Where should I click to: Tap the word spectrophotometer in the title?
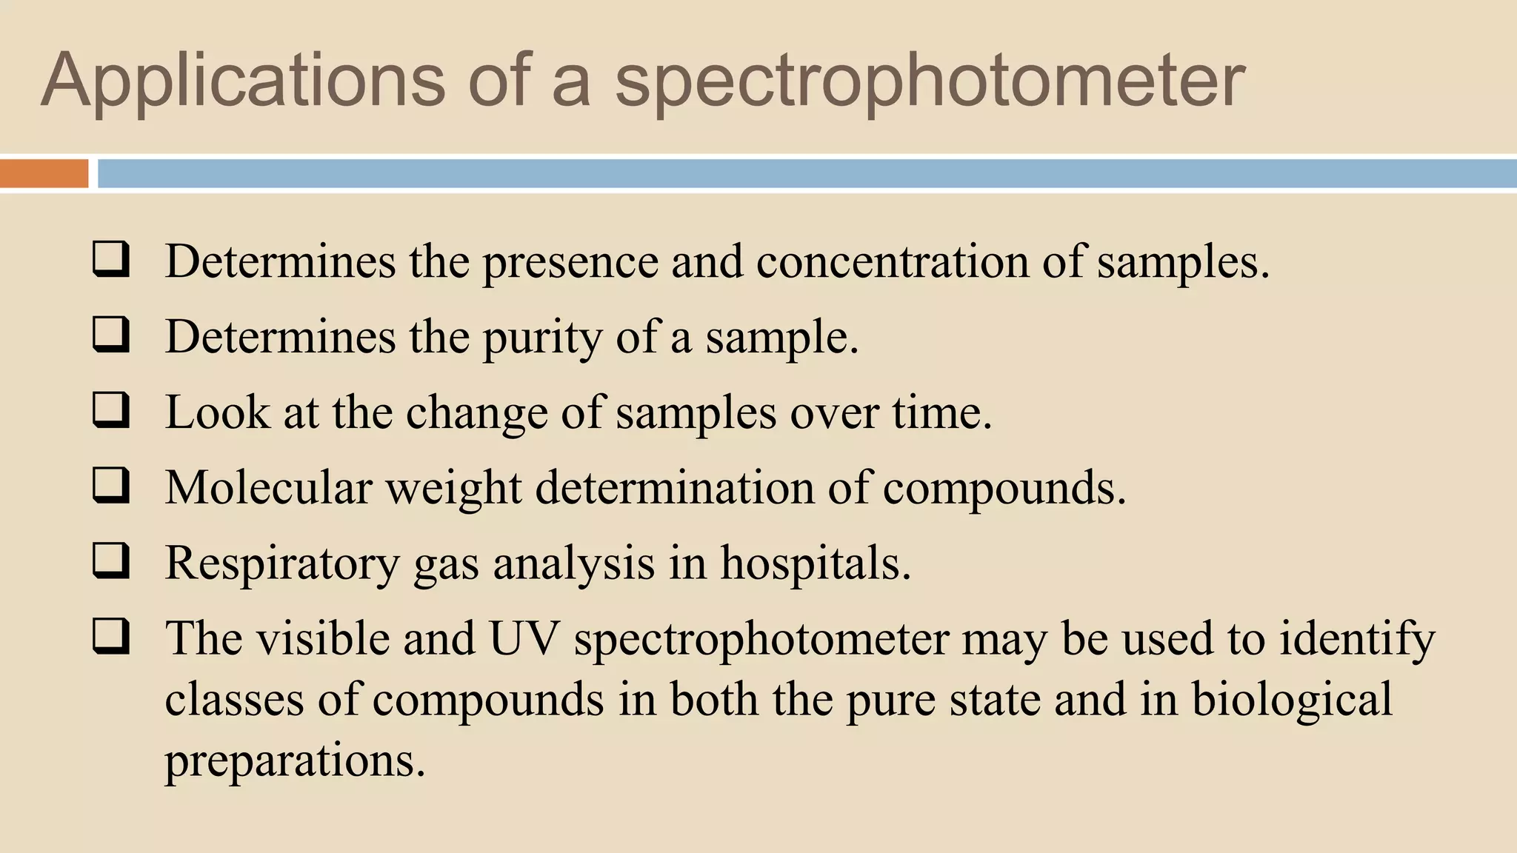(x=930, y=81)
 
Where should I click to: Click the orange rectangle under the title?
(x=44, y=174)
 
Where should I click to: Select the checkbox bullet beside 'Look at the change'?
(x=111, y=410)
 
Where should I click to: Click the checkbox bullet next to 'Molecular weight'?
(x=111, y=486)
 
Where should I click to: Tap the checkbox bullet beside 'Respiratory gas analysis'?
(x=111, y=561)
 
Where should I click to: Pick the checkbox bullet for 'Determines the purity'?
(x=111, y=335)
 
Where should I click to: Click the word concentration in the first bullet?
(x=892, y=262)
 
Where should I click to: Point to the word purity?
(x=542, y=338)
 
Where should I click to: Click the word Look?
(x=217, y=412)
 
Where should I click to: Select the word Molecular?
(x=268, y=488)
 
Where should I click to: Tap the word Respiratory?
(x=282, y=564)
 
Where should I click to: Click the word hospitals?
(x=815, y=563)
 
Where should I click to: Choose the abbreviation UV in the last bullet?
(x=524, y=638)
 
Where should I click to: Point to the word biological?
(x=1292, y=700)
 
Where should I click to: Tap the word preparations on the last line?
(x=295, y=761)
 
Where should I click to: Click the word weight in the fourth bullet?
(x=454, y=489)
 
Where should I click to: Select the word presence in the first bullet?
(x=570, y=264)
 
